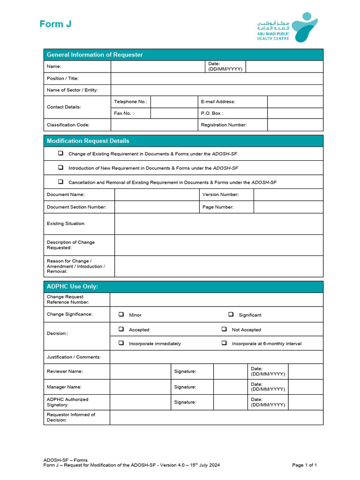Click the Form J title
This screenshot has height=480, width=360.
coord(55,24)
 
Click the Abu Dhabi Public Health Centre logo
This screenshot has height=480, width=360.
coord(287,27)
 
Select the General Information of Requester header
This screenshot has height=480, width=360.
coord(95,55)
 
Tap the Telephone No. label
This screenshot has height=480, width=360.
coord(130,102)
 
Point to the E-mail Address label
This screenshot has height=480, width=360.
coord(218,102)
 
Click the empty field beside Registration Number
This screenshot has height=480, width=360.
coord(295,125)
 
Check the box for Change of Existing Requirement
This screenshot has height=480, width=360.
coord(60,153)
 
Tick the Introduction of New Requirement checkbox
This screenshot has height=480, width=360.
coord(60,167)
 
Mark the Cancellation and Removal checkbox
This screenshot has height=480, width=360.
coord(60,181)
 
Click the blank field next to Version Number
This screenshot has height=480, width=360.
coord(288,195)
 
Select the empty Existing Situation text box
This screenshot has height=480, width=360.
coord(218,224)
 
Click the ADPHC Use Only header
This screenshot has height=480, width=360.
coord(72,286)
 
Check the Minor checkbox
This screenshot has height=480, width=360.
coord(121,315)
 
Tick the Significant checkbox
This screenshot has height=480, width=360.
coord(231,315)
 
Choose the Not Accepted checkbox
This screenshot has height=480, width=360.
coord(224,330)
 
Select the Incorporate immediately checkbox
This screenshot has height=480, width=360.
coord(121,343)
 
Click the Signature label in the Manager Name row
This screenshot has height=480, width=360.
coord(185,387)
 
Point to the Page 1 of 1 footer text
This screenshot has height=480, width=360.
coord(304,465)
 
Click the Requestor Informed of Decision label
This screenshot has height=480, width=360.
coord(71,417)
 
